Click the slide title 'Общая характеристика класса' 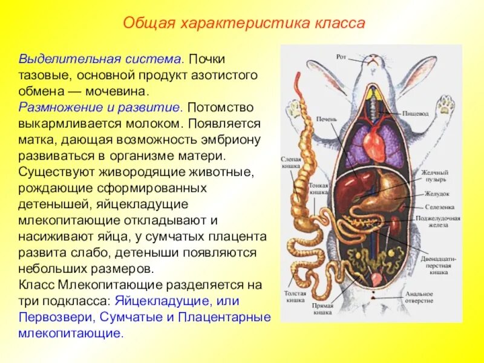pyautogui.click(x=244, y=24)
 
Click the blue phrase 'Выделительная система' pyautogui.click(x=100, y=60)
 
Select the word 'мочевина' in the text pyautogui.click(x=119, y=92)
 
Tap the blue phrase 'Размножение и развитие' pyautogui.click(x=100, y=108)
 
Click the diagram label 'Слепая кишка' pyautogui.click(x=291, y=162)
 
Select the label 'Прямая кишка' pyautogui.click(x=322, y=309)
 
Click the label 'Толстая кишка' pyautogui.click(x=295, y=296)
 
